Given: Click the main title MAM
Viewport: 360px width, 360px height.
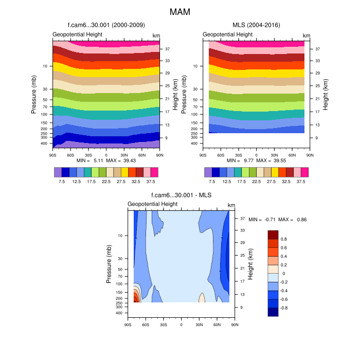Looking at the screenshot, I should [x=180, y=11].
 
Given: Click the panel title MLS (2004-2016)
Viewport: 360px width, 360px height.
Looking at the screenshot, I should [x=256, y=25].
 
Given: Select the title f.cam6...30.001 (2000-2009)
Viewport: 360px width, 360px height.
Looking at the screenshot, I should [x=106, y=25].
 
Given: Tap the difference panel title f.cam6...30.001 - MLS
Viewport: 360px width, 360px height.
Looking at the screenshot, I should [x=182, y=195].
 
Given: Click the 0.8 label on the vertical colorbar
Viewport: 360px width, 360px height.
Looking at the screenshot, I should [x=283, y=240].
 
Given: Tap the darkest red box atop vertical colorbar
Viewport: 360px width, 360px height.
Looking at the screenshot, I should [x=273, y=235].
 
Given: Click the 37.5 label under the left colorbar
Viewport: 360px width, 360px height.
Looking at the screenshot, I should [x=151, y=182].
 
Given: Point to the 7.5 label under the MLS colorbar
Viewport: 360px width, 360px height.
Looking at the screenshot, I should [x=212, y=182].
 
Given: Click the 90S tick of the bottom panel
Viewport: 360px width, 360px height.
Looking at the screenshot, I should [x=128, y=325].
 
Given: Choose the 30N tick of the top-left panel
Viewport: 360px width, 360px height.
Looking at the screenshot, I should [x=124, y=154].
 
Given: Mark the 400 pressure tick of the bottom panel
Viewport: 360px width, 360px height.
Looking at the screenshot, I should [x=118, y=313].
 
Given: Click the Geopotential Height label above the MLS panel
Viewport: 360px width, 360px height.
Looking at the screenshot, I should [x=227, y=34].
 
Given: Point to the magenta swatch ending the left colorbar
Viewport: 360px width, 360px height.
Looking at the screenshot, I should [x=154, y=172].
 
